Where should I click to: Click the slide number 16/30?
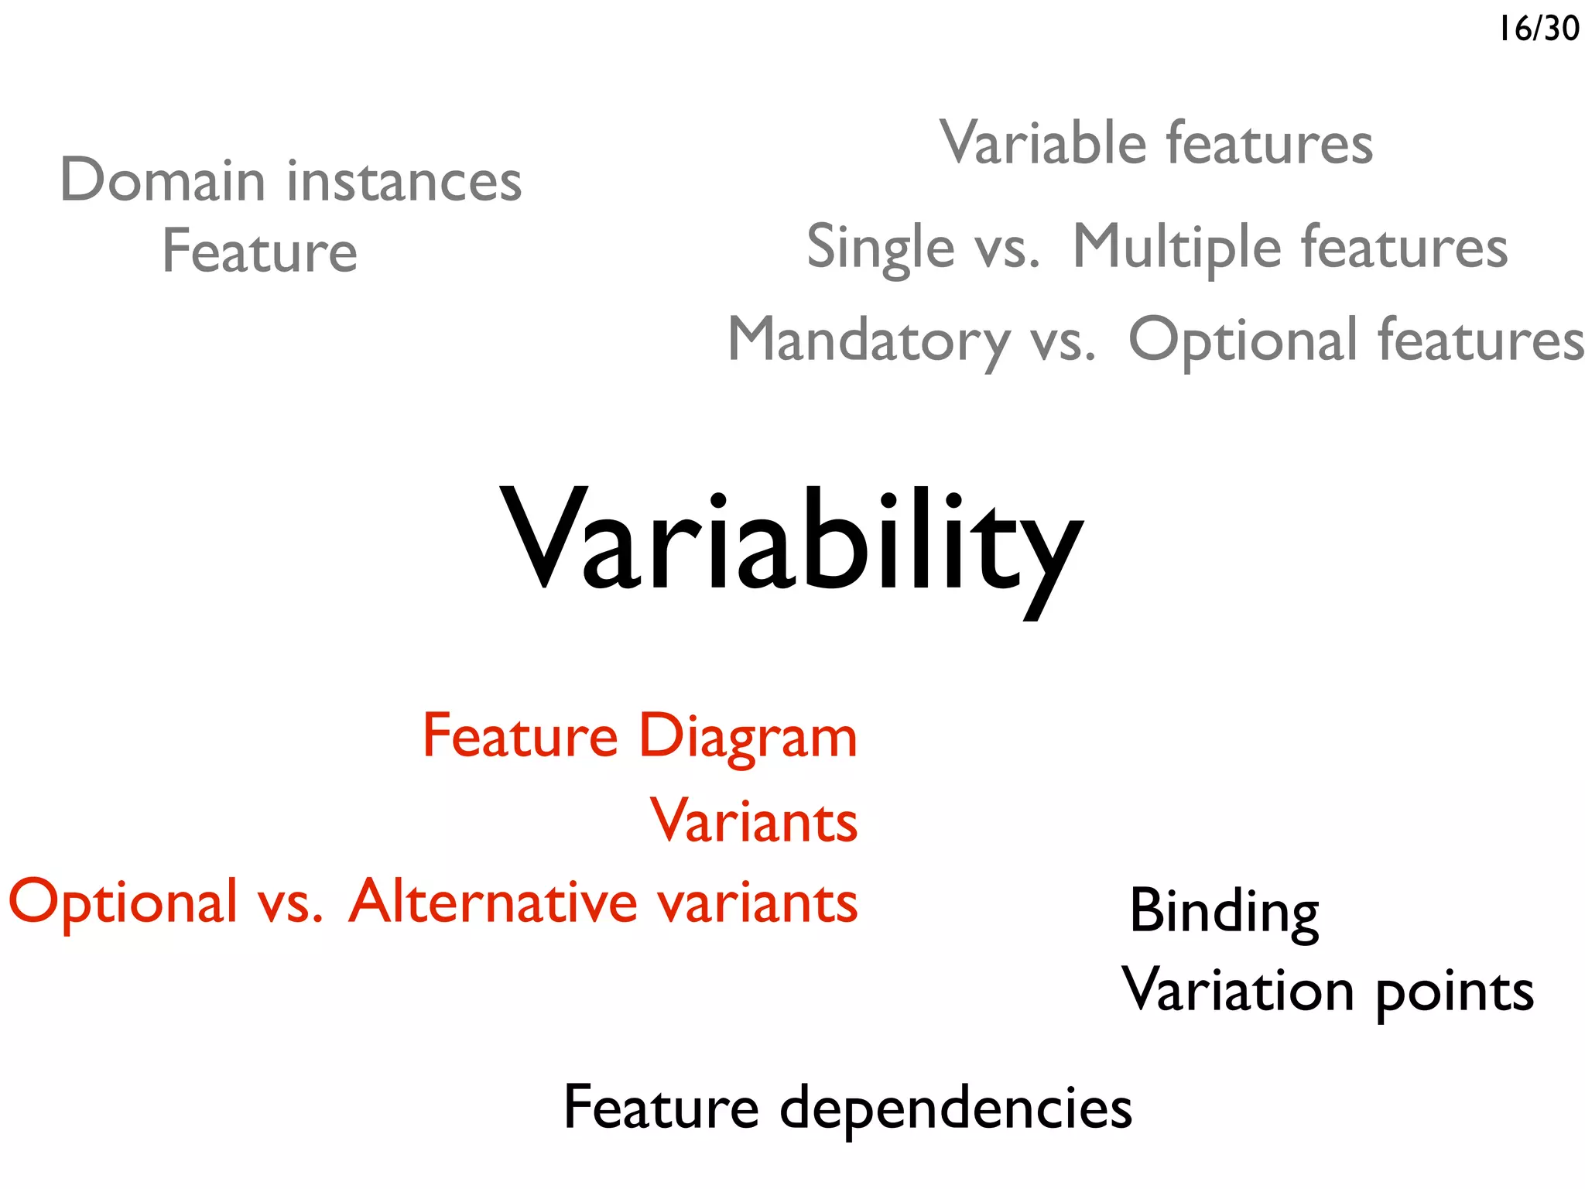[x=1538, y=29]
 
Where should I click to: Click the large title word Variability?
[x=791, y=542]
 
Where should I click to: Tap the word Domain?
[x=163, y=180]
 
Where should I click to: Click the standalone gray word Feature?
[x=259, y=252]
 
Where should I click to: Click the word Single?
[x=880, y=247]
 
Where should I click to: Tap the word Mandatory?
[x=869, y=341]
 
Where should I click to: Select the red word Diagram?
[x=748, y=736]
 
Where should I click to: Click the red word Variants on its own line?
[x=754, y=821]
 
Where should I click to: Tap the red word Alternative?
[x=493, y=902]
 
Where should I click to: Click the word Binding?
[x=1224, y=912]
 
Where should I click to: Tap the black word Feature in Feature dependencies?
[x=661, y=1108]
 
